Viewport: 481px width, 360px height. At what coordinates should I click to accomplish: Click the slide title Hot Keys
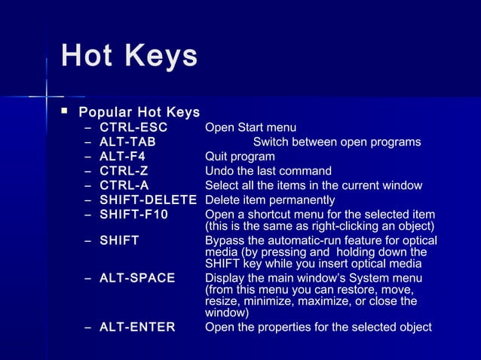click(x=129, y=56)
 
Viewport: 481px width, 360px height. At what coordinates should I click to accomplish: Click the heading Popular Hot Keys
click(x=139, y=113)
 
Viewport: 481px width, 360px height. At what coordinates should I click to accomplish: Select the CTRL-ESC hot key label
click(x=133, y=128)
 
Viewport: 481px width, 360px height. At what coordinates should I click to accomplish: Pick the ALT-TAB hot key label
click(x=128, y=142)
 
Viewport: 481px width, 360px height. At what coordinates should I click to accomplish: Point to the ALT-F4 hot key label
click(x=122, y=157)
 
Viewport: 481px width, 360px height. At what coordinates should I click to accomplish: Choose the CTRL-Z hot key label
click(x=124, y=171)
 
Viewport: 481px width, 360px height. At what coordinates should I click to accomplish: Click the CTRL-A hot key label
click(x=124, y=185)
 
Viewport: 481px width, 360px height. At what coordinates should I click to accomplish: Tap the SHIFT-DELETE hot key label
click(x=148, y=200)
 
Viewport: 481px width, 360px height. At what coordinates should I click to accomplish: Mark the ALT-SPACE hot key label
click(x=137, y=278)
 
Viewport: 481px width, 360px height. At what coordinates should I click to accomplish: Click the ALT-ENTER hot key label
click(x=137, y=327)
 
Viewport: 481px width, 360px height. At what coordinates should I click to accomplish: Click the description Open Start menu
click(x=250, y=128)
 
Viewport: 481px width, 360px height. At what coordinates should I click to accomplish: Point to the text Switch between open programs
click(x=337, y=142)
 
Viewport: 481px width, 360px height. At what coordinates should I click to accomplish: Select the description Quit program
click(x=240, y=157)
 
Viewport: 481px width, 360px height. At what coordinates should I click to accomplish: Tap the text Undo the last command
click(x=268, y=171)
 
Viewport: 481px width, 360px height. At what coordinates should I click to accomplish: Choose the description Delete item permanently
click(x=270, y=200)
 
